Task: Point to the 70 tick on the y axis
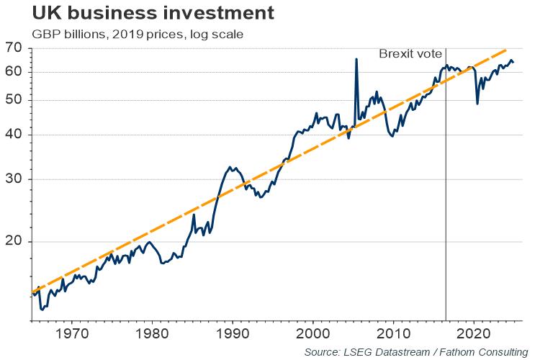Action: point(15,48)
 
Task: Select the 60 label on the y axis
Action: point(15,71)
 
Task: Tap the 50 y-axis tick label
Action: point(15,100)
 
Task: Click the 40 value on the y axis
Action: point(15,135)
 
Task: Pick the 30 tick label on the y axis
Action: point(15,179)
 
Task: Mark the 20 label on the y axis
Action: point(15,242)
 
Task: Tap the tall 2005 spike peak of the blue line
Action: point(356,59)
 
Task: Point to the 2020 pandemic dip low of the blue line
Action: point(478,104)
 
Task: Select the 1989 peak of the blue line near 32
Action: point(230,167)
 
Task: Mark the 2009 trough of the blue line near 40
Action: point(392,135)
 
